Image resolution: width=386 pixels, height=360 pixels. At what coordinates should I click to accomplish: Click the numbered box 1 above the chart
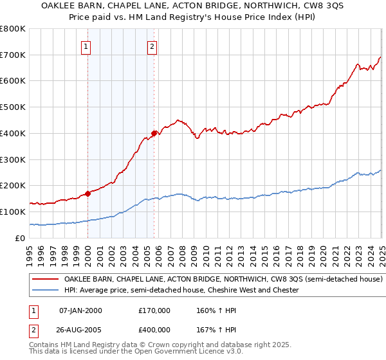pyautogui.click(x=86, y=46)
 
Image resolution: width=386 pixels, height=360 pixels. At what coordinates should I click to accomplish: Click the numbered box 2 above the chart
pyautogui.click(x=152, y=46)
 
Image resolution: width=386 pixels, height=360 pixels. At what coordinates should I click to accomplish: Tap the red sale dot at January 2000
pyautogui.click(x=87, y=193)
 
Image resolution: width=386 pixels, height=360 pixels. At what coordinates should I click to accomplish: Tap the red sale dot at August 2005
pyautogui.click(x=154, y=133)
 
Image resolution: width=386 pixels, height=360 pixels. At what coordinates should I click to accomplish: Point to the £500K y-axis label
pyautogui.click(x=13, y=107)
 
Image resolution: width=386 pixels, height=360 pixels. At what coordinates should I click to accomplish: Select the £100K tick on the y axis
pyautogui.click(x=13, y=212)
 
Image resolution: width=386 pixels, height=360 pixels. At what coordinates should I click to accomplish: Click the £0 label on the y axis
pyautogui.click(x=21, y=238)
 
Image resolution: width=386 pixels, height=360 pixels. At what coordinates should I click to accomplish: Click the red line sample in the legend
pyautogui.click(x=45, y=280)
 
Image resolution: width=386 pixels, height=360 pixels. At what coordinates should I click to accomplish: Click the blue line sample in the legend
pyautogui.click(x=45, y=290)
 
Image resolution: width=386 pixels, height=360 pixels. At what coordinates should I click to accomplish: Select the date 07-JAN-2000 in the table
pyautogui.click(x=80, y=310)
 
